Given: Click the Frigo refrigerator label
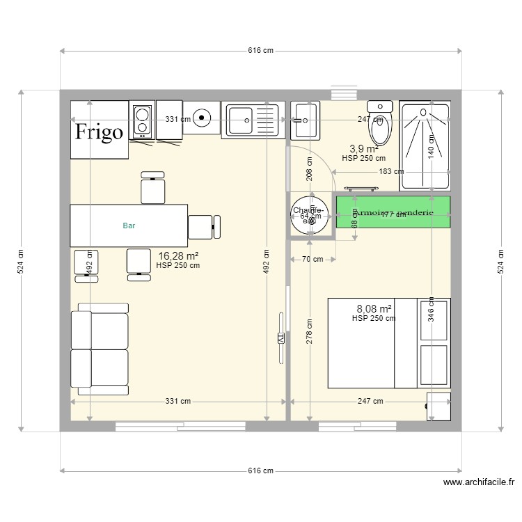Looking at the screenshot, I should tap(100, 132).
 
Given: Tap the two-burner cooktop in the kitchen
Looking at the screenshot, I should tap(142, 120).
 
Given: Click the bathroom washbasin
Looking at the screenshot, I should tap(305, 119).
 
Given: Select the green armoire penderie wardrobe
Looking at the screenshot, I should tap(393, 212).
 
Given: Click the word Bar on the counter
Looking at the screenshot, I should tap(129, 226).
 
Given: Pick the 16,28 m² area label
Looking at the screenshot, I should tap(179, 256).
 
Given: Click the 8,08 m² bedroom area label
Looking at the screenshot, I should tap(374, 308).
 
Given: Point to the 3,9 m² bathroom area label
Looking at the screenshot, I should tap(363, 149).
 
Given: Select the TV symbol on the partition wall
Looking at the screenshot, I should tap(281, 338).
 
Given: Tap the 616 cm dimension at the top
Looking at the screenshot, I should tap(260, 51).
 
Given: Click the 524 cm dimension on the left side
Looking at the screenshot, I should tap(22, 260).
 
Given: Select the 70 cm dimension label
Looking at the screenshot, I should tap(313, 260).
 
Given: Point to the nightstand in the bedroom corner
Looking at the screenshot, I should tap(438, 406).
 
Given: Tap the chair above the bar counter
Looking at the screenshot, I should tap(153, 187).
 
